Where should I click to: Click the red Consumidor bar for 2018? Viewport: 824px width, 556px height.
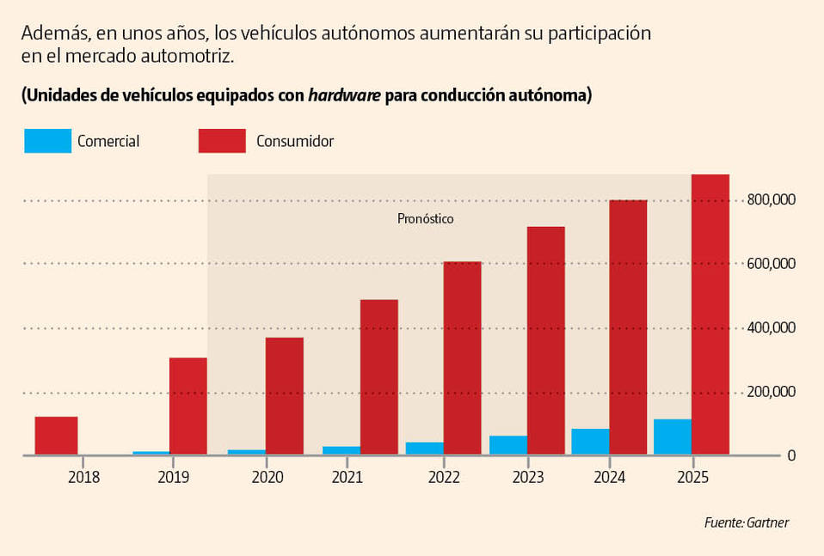(x=57, y=436)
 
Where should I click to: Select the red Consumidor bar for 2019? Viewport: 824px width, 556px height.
(x=188, y=406)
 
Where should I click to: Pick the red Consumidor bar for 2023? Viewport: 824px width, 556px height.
(x=546, y=340)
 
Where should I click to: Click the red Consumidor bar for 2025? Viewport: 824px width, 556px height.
(x=710, y=315)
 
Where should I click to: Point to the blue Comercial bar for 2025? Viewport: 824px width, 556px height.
(x=673, y=437)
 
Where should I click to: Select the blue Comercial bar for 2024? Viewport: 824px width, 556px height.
(x=590, y=442)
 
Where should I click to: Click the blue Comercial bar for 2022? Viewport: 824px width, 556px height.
(x=425, y=448)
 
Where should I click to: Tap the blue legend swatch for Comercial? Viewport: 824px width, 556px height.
(x=48, y=141)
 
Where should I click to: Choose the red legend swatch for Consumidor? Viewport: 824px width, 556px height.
(x=222, y=141)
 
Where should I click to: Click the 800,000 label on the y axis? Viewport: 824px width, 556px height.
(x=772, y=200)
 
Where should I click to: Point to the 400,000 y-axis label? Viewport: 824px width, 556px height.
(x=772, y=328)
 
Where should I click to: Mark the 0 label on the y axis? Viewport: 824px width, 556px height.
(x=791, y=455)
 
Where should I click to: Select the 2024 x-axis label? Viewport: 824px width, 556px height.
(x=610, y=477)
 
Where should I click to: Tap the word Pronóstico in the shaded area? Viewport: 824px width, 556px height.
(x=425, y=219)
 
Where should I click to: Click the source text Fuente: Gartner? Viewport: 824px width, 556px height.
(x=746, y=522)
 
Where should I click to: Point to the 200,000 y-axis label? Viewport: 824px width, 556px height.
(x=772, y=392)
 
